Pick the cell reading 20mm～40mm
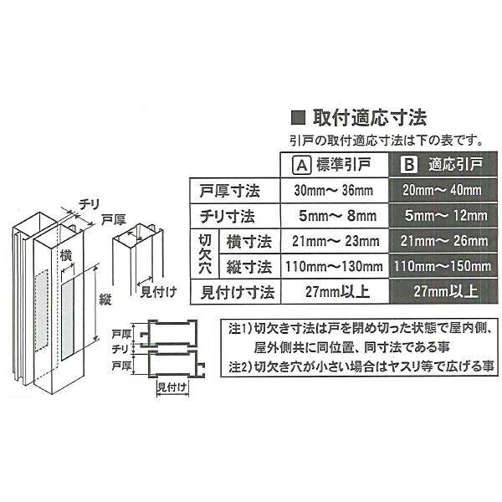(441, 189)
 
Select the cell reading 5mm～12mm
(441, 215)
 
